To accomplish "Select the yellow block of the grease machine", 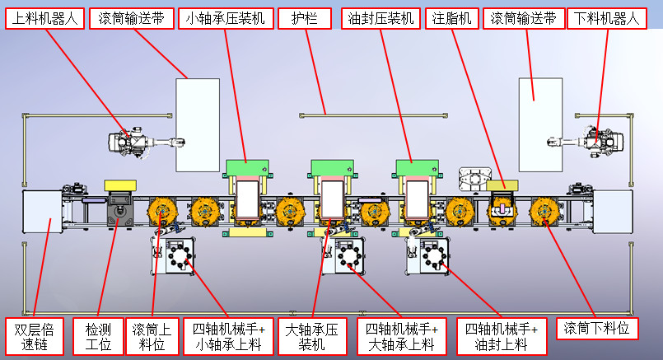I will pyautogui.click(x=504, y=186).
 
